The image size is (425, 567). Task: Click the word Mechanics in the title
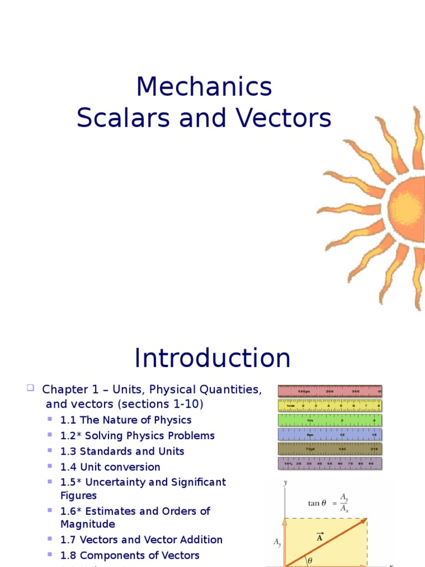[x=204, y=87]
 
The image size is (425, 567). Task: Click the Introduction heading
[x=212, y=358]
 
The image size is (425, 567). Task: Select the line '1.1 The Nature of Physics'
[x=126, y=420]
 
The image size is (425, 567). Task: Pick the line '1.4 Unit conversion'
[x=110, y=467]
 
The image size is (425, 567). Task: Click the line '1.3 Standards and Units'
[x=122, y=451]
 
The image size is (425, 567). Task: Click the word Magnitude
[x=87, y=524]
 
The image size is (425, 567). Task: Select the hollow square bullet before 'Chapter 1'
[x=31, y=388]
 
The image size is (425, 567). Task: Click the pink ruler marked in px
[x=330, y=391]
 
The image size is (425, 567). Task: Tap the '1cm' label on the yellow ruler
[x=290, y=406]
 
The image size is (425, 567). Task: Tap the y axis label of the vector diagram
[x=285, y=483]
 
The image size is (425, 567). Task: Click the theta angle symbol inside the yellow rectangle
[x=310, y=560]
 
